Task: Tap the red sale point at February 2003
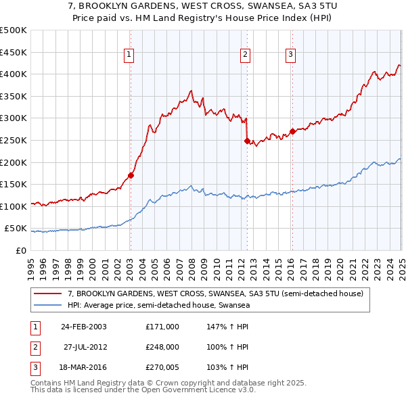[131, 175]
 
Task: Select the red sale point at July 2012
[247, 141]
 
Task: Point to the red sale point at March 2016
[292, 131]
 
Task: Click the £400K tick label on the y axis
[14, 74]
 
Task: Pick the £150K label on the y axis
[14, 184]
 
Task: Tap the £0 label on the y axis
[19, 250]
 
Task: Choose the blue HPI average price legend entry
[158, 306]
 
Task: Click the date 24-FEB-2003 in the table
[84, 327]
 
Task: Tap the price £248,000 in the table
[162, 348]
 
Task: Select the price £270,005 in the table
[162, 369]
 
